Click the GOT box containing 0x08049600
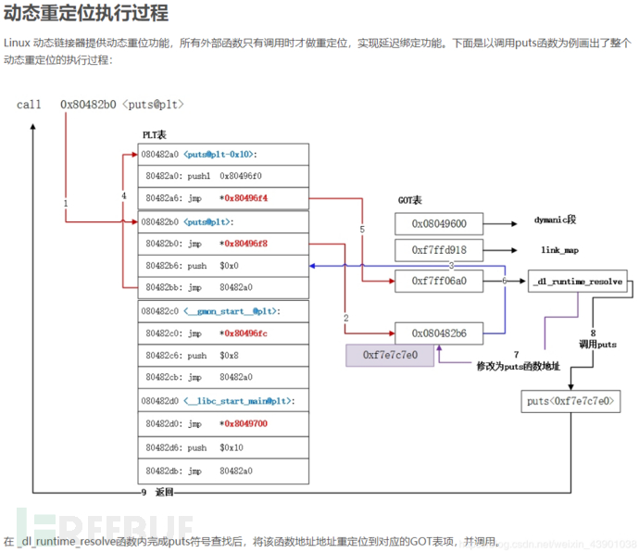coord(440,223)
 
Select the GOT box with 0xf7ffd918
coord(440,251)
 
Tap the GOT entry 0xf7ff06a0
coord(440,280)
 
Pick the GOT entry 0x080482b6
coord(440,333)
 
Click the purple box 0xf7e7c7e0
coord(390,355)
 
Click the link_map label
coord(559,250)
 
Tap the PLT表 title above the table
coord(155,135)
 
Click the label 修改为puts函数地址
coord(519,367)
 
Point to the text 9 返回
coord(157,492)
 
